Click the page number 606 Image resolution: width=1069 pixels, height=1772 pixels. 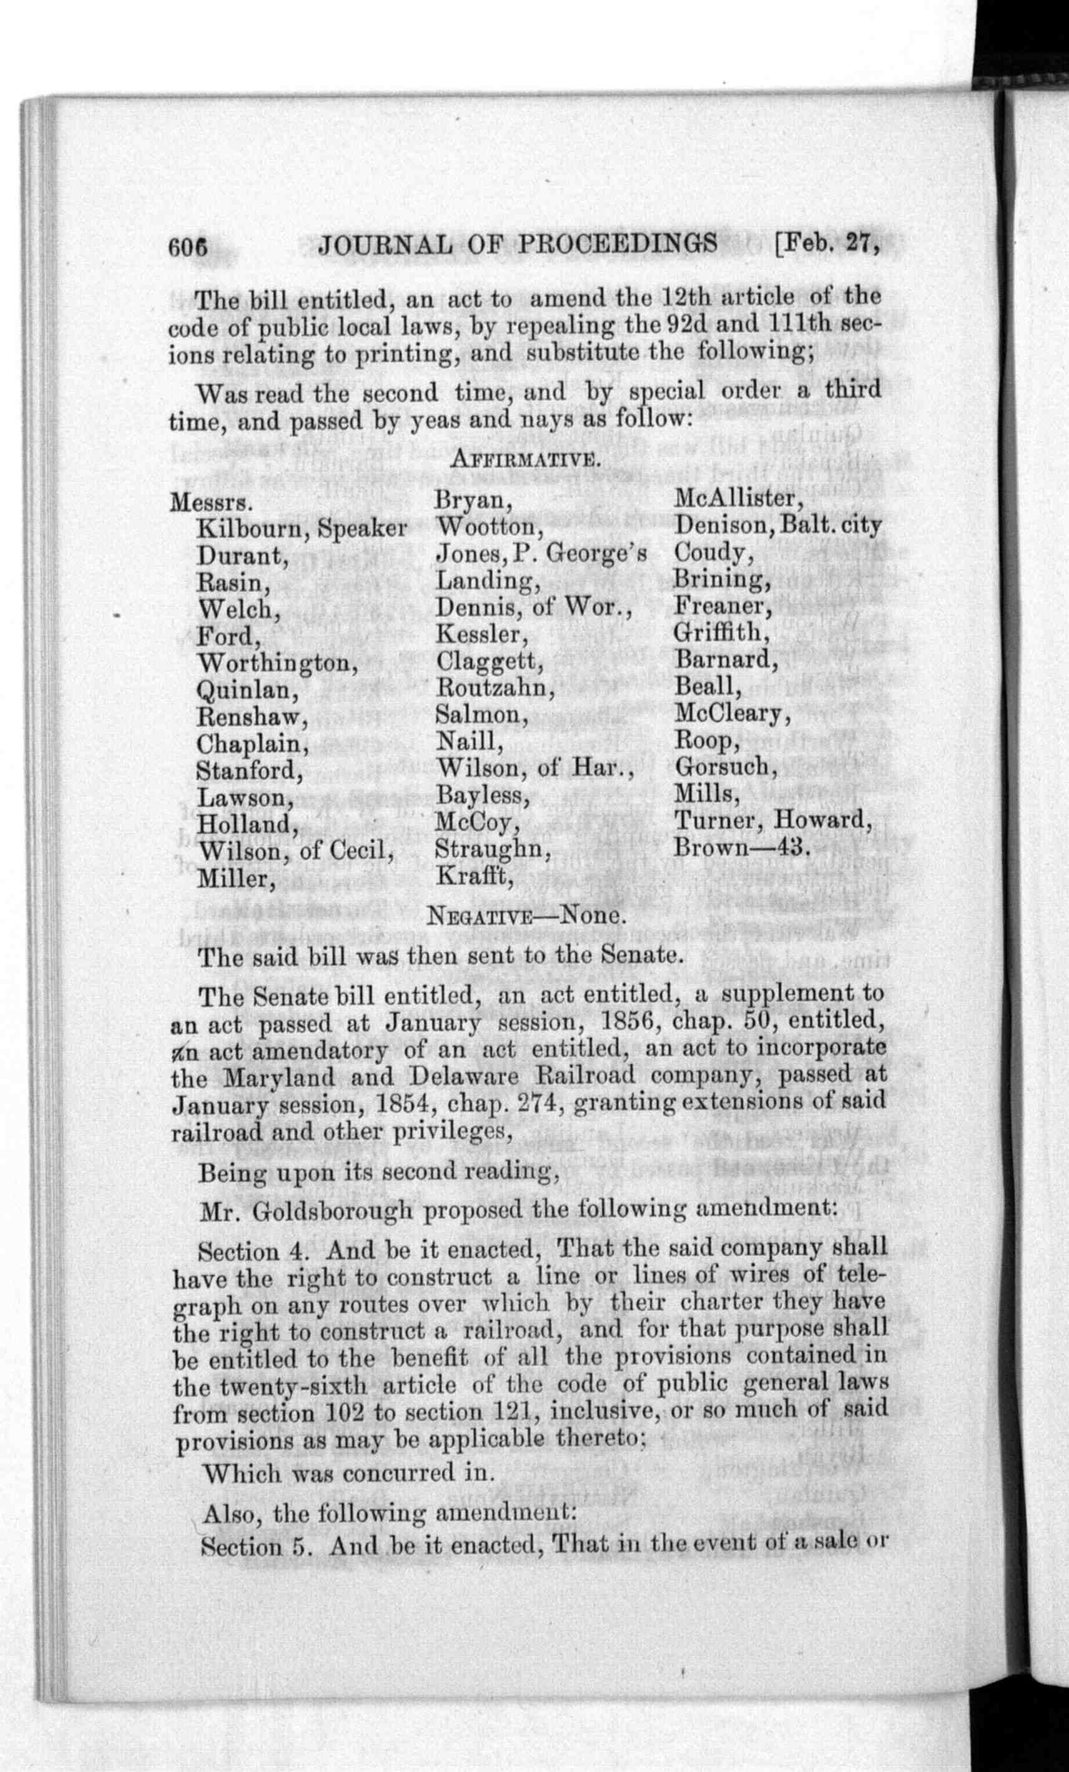pos(188,247)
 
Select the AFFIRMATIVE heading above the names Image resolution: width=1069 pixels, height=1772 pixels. pos(525,460)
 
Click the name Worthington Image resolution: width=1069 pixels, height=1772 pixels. pos(277,662)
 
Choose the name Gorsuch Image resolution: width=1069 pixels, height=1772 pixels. pos(724,767)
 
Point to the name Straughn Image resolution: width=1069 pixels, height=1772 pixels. pos(491,849)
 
